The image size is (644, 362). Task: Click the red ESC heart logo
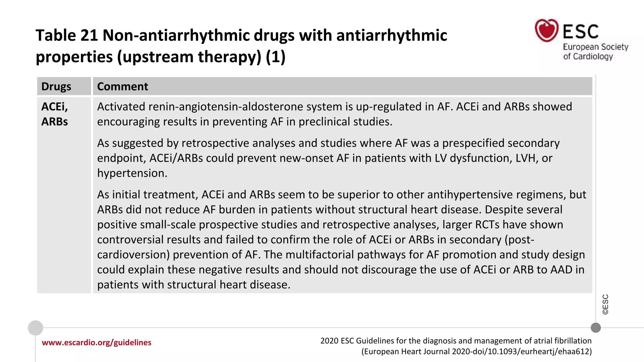(x=547, y=30)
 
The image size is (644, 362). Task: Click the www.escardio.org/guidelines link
(x=97, y=343)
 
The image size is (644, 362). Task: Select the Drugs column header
(x=56, y=86)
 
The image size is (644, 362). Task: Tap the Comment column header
(x=122, y=86)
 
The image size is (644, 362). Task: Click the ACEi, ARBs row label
(x=55, y=114)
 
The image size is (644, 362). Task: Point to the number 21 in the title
(x=89, y=35)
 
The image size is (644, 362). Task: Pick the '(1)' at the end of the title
(x=275, y=57)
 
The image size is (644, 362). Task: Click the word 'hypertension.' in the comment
(x=132, y=173)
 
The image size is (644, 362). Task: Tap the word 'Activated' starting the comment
(x=121, y=107)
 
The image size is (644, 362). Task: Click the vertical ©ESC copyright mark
(x=605, y=304)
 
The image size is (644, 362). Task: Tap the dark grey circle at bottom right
(x=596, y=328)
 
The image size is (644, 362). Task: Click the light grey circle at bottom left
(x=36, y=328)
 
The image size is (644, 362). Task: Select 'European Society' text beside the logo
(x=595, y=47)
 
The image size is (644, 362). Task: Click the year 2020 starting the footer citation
(x=329, y=341)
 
